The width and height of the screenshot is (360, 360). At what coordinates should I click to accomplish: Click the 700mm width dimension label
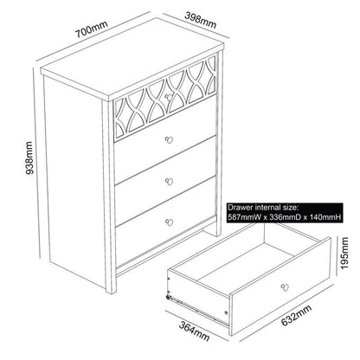tap(91, 29)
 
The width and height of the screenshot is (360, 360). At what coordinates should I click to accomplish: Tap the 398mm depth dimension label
tap(200, 20)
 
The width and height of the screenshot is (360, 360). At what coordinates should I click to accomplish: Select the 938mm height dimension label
tap(29, 157)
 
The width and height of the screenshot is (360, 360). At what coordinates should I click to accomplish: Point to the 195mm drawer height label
tap(344, 253)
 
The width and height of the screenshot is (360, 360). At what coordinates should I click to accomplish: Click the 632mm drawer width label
tap(296, 315)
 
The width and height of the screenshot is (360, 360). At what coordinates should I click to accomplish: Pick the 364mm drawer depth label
tap(194, 331)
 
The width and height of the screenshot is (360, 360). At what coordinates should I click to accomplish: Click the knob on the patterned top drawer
tap(168, 97)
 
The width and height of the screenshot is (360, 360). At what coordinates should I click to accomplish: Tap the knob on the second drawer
tap(169, 140)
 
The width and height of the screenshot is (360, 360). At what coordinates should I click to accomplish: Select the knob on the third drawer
tap(169, 182)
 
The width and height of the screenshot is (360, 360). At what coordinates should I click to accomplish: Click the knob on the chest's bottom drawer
tap(169, 222)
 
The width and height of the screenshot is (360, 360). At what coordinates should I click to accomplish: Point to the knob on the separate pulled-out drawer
tap(285, 286)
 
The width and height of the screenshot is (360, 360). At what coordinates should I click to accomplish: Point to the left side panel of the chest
tap(74, 182)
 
